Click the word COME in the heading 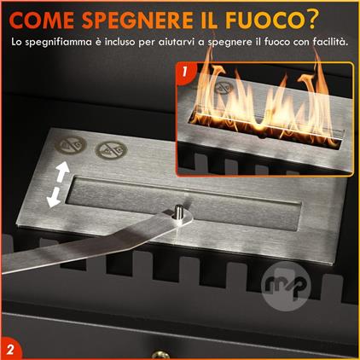tap(42, 20)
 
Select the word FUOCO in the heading tap(263, 20)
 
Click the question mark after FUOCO tap(309, 20)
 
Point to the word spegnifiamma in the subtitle tap(58, 43)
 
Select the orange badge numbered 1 tap(185, 73)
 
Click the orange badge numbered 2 tap(10, 349)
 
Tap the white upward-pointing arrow tap(62, 171)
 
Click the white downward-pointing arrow tap(54, 197)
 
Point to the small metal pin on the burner tap(178, 212)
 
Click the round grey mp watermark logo tap(286, 286)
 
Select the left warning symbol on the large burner tap(70, 146)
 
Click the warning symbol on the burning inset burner tap(224, 87)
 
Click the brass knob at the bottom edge tap(160, 355)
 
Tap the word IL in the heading tap(208, 20)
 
